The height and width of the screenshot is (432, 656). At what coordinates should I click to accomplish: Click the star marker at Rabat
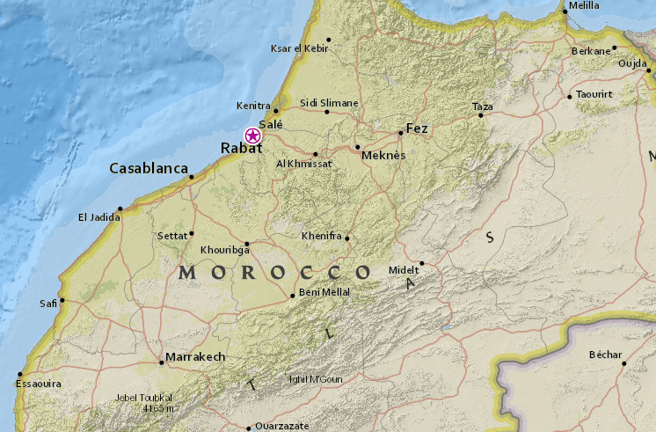coord(252,135)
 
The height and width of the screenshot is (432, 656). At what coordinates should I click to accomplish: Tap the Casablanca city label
coord(149,168)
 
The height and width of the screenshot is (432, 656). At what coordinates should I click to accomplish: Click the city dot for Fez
coord(400,133)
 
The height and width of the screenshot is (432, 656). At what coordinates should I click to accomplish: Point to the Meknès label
coord(383,156)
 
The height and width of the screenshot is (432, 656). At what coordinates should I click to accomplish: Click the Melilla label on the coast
coord(584,5)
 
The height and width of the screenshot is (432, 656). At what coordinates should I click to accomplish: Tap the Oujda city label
coord(631,63)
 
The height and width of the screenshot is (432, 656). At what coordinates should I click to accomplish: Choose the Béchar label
coord(605,355)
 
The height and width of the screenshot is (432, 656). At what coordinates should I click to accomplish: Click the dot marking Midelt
coord(421,263)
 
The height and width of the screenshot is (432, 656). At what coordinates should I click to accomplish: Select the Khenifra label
coord(321,237)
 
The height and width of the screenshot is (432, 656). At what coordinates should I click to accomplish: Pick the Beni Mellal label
coord(324,291)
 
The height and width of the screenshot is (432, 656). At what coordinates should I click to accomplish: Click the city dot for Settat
coord(192,234)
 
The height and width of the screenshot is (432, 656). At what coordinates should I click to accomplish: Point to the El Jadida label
coord(97,217)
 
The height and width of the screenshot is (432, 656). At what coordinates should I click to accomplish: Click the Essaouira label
coord(38,384)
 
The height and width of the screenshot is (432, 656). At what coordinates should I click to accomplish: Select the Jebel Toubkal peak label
coord(142,397)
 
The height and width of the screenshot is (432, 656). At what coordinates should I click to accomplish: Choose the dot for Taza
coord(480,114)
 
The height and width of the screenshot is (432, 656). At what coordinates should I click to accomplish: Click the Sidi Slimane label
coord(329,103)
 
